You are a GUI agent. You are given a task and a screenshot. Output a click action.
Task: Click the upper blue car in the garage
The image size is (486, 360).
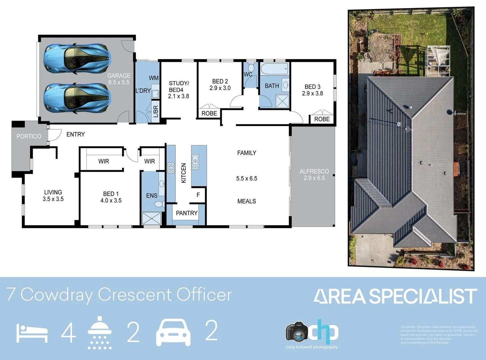tap(77, 59)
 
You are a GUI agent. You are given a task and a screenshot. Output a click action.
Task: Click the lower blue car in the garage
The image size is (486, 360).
tap(77, 98)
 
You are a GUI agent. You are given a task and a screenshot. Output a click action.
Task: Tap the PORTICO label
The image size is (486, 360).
tap(29, 136)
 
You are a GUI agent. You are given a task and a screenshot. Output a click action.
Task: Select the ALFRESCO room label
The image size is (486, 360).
tap(314, 171)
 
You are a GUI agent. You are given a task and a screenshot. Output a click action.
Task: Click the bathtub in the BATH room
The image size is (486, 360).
tap(274, 69)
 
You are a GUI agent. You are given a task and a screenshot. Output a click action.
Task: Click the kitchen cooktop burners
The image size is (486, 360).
tap(171, 167)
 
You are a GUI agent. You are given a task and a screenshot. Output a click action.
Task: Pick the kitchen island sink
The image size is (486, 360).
tap(195, 162)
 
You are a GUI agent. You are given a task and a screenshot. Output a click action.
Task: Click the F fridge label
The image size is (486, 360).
tap(198, 195)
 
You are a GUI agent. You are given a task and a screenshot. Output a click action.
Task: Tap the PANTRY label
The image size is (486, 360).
tap(187, 213)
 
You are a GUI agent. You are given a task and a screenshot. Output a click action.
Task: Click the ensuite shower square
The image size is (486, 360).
tap(152, 219)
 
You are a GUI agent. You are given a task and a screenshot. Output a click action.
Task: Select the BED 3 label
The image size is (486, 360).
tap(312, 87)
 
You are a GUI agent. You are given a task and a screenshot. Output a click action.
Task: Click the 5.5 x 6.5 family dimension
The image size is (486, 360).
tap(247, 178)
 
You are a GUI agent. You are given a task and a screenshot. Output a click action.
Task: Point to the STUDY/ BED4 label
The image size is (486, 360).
tap(179, 87)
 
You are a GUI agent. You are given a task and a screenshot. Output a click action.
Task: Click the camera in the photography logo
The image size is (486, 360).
tap(297, 332)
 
